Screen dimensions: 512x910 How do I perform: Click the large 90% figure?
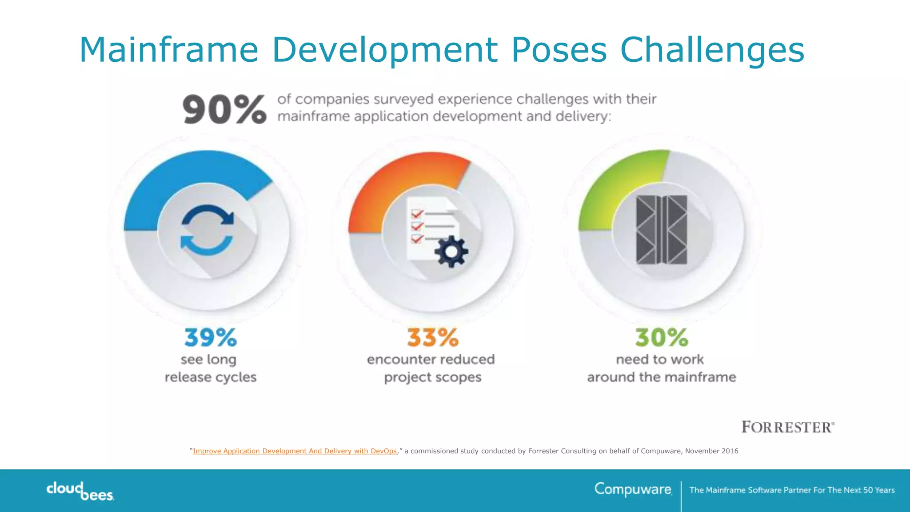click(224, 109)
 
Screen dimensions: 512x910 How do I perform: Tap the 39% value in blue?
click(211, 338)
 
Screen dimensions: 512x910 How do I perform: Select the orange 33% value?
click(433, 338)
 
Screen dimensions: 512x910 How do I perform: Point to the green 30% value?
click(662, 338)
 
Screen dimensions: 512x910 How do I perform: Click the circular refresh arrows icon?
click(207, 230)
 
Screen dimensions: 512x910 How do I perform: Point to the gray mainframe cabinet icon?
click(662, 230)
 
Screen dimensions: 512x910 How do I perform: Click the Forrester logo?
click(788, 427)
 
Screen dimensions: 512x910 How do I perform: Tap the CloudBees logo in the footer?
click(80, 491)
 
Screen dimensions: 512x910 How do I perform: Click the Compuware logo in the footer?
click(633, 489)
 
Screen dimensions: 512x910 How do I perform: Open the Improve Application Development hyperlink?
click(295, 451)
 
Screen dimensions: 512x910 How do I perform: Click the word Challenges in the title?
click(712, 50)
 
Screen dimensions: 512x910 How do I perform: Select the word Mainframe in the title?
click(169, 50)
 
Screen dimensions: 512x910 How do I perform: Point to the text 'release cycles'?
click(211, 377)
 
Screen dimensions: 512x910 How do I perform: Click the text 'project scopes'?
click(433, 377)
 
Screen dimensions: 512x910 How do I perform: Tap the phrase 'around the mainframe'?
click(662, 377)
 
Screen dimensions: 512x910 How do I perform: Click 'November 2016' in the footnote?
click(711, 451)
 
